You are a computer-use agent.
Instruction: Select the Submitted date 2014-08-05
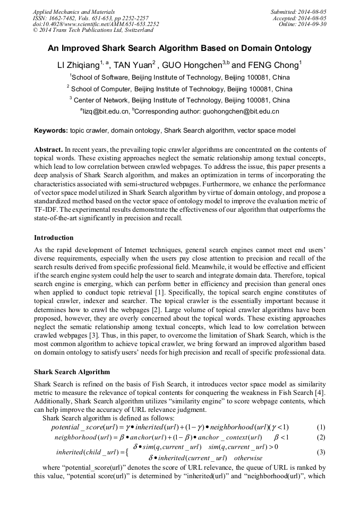click(299, 11)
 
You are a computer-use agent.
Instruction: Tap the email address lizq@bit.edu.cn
click(106, 111)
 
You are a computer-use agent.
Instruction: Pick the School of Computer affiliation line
click(179, 89)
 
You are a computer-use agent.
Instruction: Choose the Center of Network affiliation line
click(179, 100)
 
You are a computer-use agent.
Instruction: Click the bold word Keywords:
click(51, 131)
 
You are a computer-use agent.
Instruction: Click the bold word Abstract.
click(48, 150)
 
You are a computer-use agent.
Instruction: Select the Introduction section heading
click(54, 237)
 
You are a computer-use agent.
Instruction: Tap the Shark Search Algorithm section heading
click(72, 372)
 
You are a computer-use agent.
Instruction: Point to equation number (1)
click(321, 427)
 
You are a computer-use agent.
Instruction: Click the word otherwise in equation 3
click(248, 458)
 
